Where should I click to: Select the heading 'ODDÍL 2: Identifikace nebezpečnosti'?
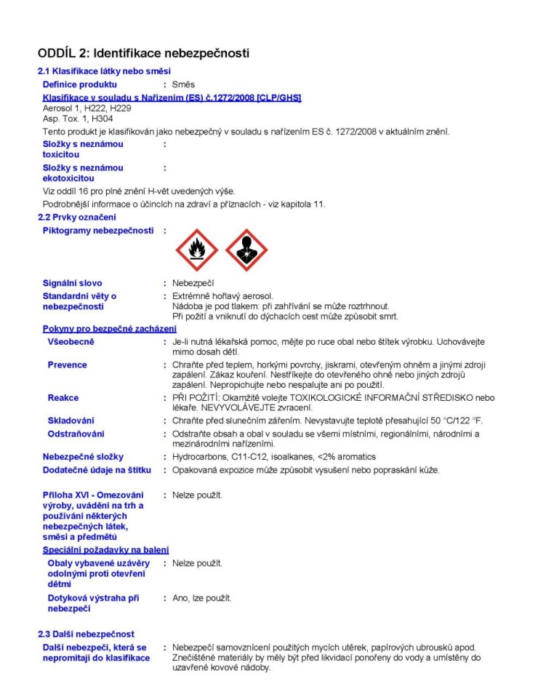tap(143, 53)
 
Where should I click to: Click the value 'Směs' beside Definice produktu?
tap(183, 84)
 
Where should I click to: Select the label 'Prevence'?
tap(67, 365)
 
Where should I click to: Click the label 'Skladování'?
tap(71, 421)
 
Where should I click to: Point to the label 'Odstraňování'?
tap(76, 434)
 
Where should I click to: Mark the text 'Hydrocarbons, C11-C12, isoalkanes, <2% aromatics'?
tap(273, 456)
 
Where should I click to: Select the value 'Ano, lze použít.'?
tap(202, 598)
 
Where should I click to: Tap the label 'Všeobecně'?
tap(71, 342)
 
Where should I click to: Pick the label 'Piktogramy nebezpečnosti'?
tap(98, 231)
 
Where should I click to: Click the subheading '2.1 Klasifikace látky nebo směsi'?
tap(104, 71)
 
